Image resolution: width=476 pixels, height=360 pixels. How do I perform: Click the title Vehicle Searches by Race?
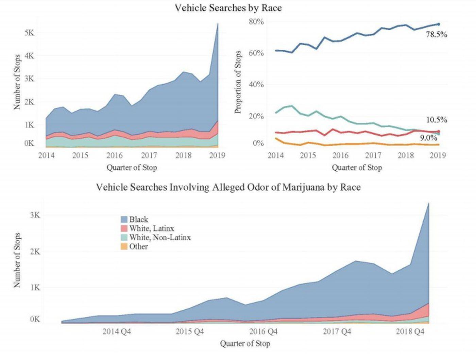(x=228, y=8)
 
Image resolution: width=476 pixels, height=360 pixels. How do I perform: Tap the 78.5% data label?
(x=436, y=34)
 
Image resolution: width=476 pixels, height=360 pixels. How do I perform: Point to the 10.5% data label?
(x=437, y=120)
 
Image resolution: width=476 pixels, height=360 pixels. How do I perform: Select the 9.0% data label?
(x=428, y=138)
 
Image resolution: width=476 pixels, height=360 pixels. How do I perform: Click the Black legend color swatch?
(x=124, y=220)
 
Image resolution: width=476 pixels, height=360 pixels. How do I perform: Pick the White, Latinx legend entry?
(x=151, y=228)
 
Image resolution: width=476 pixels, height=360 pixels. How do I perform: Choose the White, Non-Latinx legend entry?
(x=160, y=237)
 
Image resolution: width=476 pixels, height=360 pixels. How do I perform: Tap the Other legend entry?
(x=138, y=246)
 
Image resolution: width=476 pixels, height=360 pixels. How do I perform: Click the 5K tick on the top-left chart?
(x=29, y=33)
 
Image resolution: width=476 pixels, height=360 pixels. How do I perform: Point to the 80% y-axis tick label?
(x=256, y=22)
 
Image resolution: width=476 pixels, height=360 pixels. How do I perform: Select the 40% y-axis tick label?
(x=256, y=84)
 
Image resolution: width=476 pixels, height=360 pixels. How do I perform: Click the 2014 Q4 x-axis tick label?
(x=117, y=331)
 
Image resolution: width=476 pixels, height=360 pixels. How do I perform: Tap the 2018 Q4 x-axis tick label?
(x=410, y=331)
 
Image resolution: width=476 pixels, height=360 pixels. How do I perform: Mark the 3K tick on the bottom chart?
(x=35, y=215)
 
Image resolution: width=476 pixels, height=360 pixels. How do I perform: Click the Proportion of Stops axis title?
(x=238, y=82)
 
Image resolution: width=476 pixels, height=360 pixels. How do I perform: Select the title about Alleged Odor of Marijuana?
(x=228, y=187)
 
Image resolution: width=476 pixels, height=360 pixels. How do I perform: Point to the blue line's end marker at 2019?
(x=438, y=24)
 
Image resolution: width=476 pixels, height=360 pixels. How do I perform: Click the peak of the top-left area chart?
(x=218, y=23)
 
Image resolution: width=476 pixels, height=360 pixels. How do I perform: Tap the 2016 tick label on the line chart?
(x=340, y=155)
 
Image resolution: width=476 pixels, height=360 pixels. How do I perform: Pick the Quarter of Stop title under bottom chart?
(x=245, y=344)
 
